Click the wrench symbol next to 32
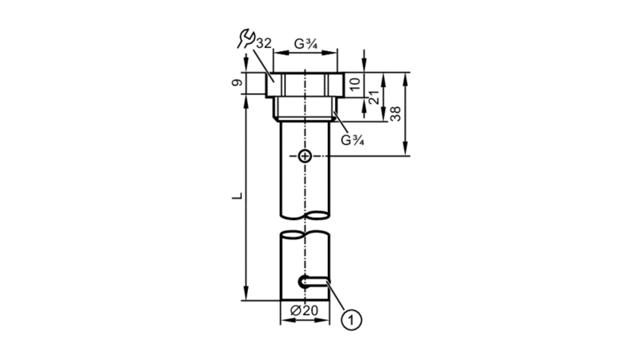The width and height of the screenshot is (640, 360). click(246, 38)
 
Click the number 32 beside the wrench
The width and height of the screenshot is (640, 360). click(264, 43)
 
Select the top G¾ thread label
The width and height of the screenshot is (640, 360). click(306, 44)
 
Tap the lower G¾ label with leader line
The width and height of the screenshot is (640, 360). click(352, 140)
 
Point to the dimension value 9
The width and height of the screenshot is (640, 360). click(237, 83)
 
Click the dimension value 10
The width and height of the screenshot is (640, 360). click(355, 84)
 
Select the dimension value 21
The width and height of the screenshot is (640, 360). click(374, 98)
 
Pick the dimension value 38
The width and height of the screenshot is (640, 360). click(395, 114)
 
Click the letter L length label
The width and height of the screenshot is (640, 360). click(237, 196)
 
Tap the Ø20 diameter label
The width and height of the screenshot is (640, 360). click(304, 310)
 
